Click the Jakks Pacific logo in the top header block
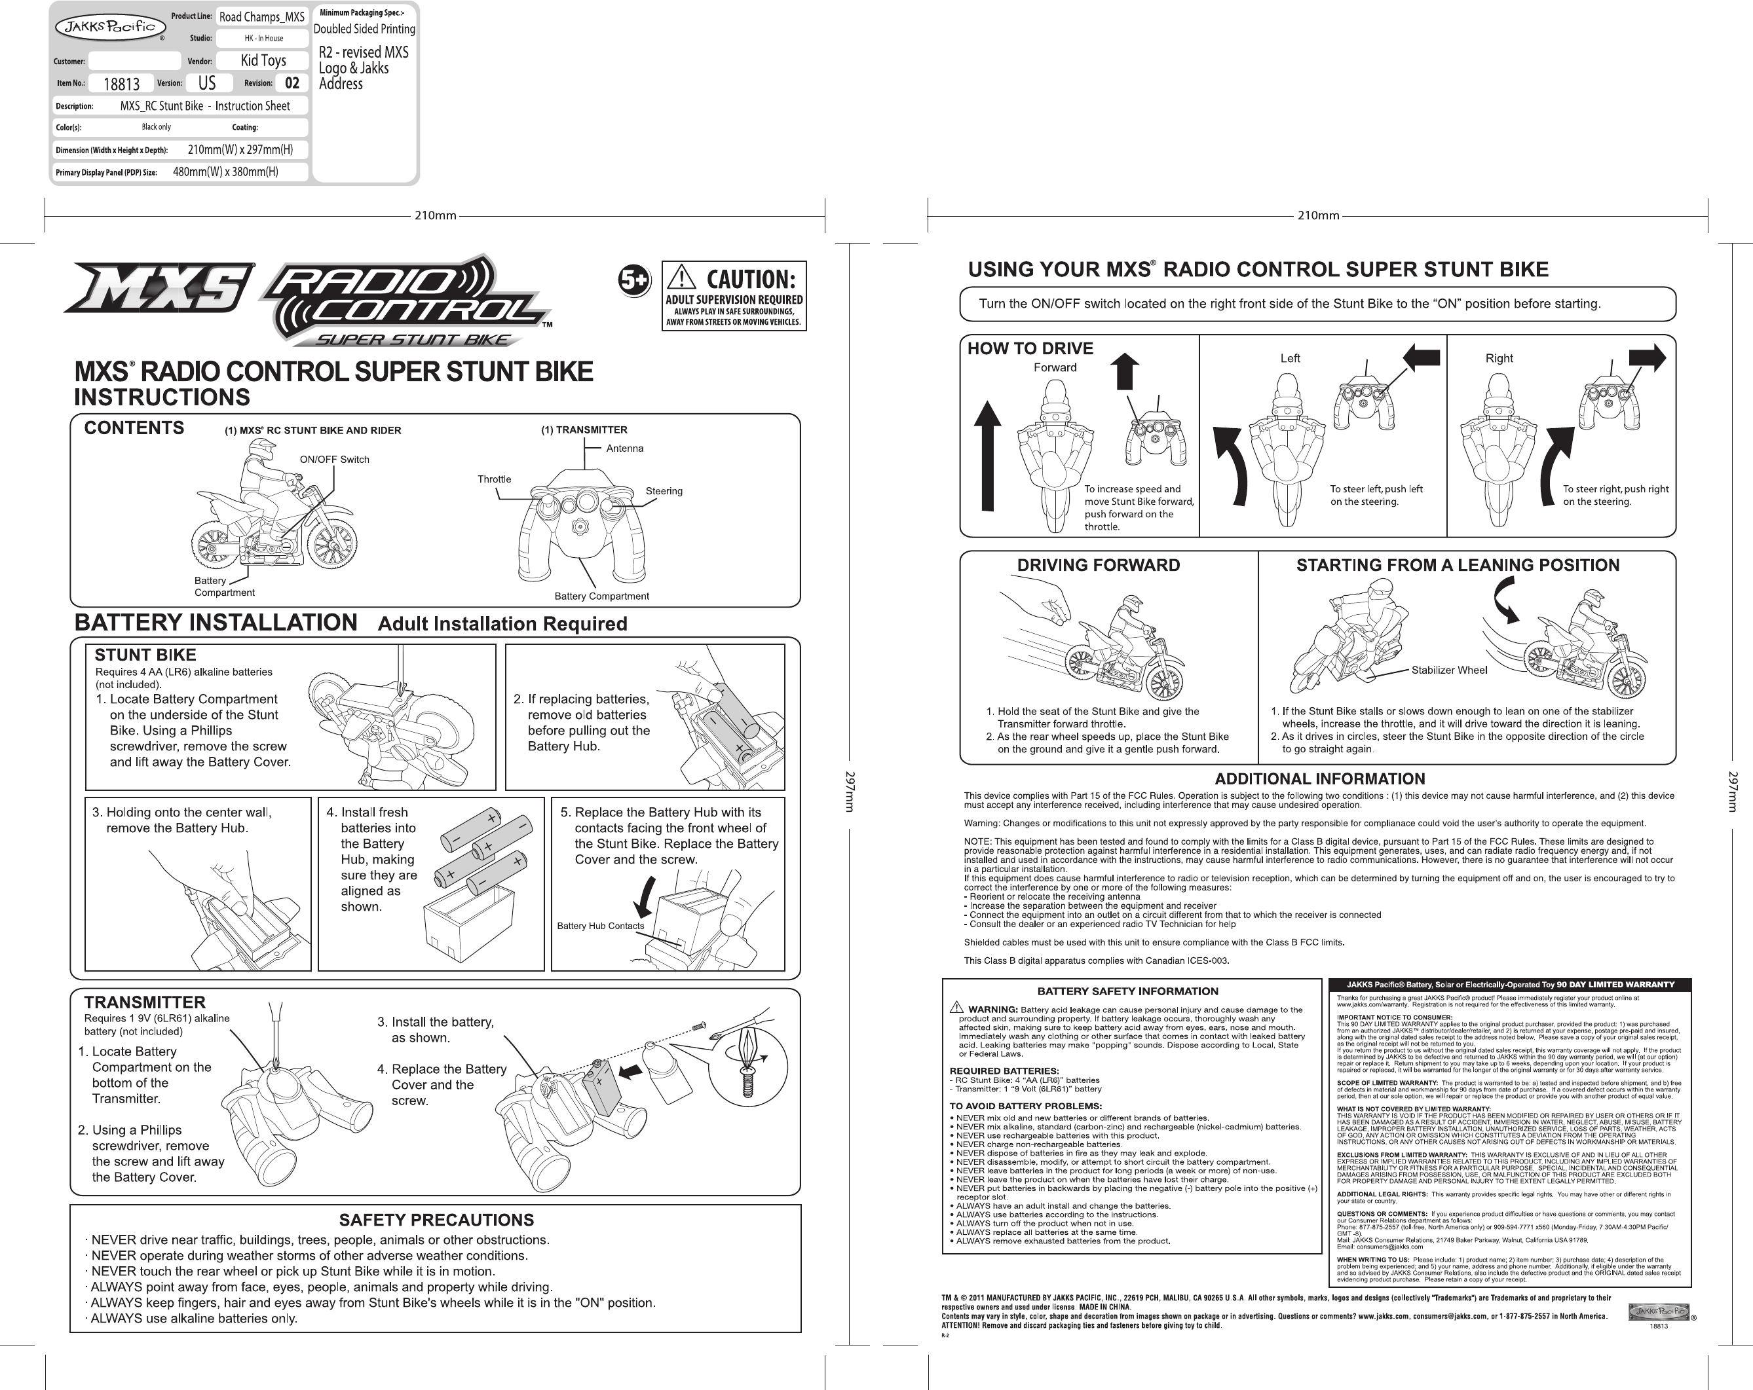105,27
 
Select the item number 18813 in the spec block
121,84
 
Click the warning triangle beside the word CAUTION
681,279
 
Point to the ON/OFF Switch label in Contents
334,459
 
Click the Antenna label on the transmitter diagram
624,448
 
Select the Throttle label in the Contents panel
495,479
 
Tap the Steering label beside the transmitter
664,491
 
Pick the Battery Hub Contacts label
600,926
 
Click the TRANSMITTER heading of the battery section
145,1002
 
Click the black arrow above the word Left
1420,357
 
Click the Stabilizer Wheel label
1449,670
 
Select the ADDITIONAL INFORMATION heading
1319,778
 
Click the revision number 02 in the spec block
292,83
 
